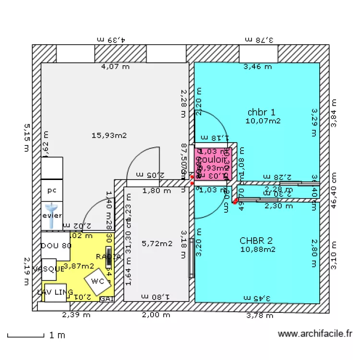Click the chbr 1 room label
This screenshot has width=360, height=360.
[262, 112]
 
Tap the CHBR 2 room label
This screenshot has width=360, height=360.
[256, 240]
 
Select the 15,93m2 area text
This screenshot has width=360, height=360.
[109, 135]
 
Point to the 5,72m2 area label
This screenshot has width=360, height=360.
[157, 244]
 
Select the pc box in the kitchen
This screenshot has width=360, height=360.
[52, 191]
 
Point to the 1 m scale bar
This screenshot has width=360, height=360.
[36, 336]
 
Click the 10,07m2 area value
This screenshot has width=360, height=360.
[263, 121]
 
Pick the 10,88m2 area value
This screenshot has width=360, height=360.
[258, 249]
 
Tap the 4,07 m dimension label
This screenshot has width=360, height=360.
[115, 67]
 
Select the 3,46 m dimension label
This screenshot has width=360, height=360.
[257, 67]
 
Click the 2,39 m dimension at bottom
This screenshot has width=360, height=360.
[76, 315]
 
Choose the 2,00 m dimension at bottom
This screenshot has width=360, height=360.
[156, 315]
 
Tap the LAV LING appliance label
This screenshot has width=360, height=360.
[55, 292]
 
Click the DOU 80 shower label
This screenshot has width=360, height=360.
[56, 246]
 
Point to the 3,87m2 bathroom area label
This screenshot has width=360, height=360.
[79, 265]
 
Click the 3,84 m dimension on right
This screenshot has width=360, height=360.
[334, 113]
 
